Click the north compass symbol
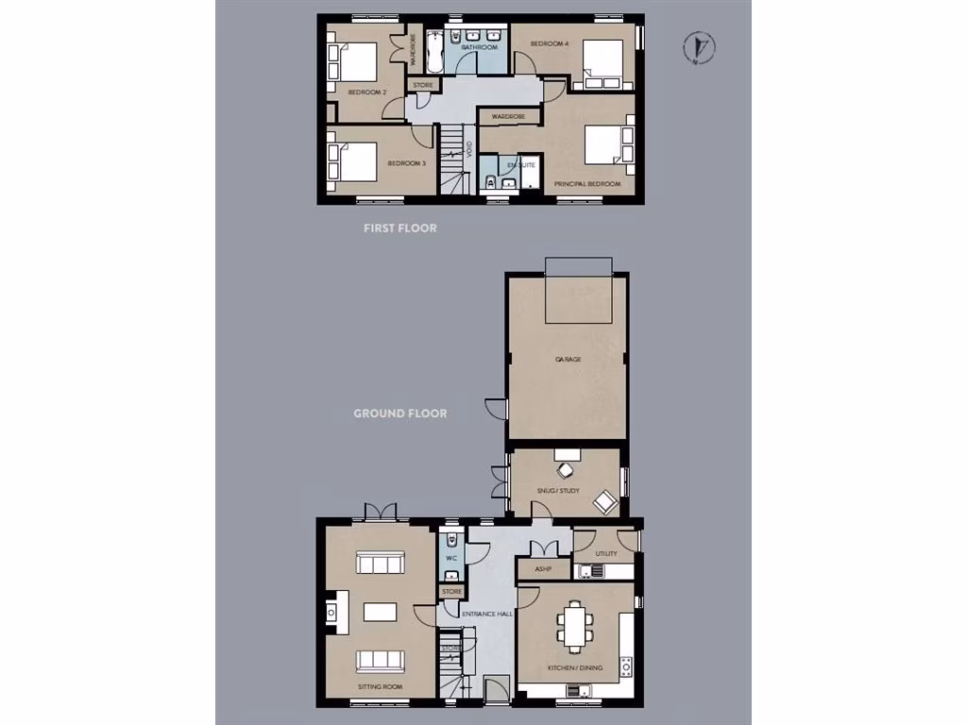click(699, 48)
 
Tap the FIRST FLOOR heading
click(400, 228)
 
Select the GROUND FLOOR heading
click(399, 413)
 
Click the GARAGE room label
click(568, 360)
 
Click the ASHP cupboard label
click(543, 569)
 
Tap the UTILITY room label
click(605, 554)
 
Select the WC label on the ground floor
click(451, 558)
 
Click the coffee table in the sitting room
click(380, 612)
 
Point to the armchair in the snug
click(605, 502)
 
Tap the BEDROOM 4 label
click(549, 43)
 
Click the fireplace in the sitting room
click(332, 613)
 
